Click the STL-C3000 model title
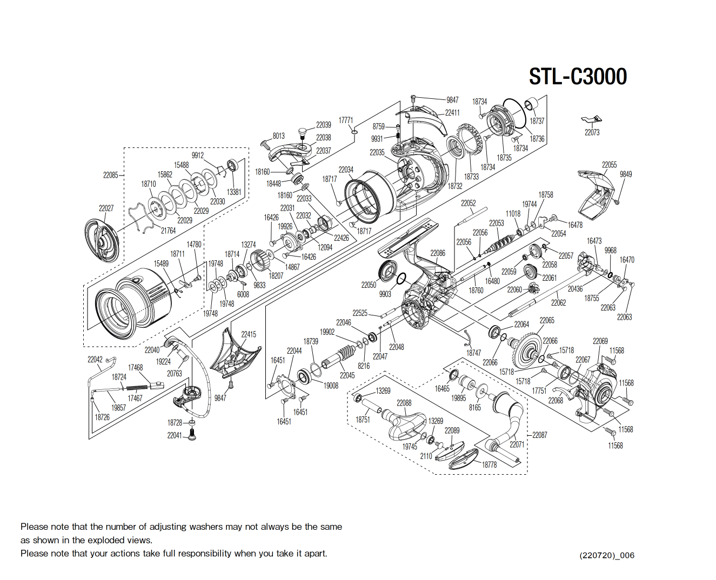578,77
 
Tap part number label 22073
592,132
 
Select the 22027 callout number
106,208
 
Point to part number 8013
278,136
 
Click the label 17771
346,120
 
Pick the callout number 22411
452,113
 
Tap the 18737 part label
537,121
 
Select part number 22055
609,165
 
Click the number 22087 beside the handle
539,435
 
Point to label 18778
489,464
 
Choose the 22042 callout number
95,359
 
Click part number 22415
249,334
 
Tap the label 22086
438,253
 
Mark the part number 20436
575,289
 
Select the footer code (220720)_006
607,555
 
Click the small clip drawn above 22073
592,119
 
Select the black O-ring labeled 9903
401,279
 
